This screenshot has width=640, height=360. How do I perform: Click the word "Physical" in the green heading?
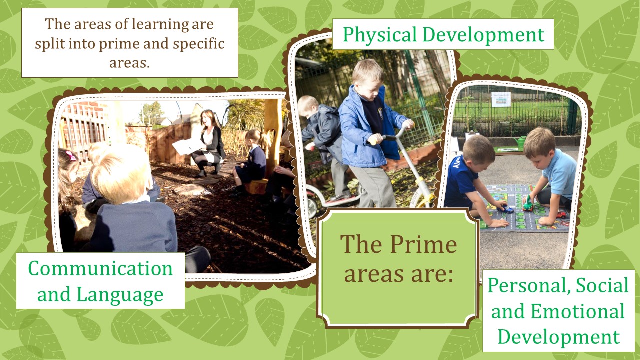click(x=379, y=35)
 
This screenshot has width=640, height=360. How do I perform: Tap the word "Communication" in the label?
click(x=100, y=268)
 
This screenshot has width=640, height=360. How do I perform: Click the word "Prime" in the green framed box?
click(x=423, y=244)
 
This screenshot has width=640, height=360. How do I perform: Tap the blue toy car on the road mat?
click(x=505, y=209)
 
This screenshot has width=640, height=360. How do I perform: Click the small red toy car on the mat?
click(x=561, y=214)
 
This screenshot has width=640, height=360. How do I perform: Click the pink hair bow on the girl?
click(x=71, y=156)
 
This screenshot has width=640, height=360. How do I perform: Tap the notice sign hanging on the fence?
click(x=501, y=99)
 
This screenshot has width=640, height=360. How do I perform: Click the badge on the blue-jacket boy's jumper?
click(x=380, y=111)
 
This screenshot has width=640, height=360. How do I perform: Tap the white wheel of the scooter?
click(x=311, y=207)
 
